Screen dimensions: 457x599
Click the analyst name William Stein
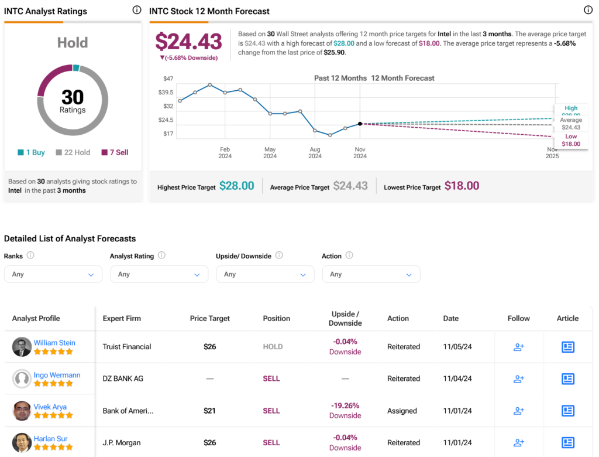(x=54, y=343)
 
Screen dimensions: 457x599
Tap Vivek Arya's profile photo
(x=22, y=411)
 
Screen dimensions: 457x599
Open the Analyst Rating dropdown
(x=159, y=274)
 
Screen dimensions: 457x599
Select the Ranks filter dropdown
(x=53, y=274)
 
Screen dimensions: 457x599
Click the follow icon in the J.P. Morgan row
(x=518, y=443)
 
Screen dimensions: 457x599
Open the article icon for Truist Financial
(x=567, y=347)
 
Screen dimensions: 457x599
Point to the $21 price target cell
(x=210, y=411)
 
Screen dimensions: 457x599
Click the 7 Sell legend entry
(x=115, y=152)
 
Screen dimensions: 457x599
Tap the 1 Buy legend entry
(x=32, y=152)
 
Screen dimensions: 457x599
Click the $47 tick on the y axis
(x=168, y=79)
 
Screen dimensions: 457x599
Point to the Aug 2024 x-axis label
(x=315, y=152)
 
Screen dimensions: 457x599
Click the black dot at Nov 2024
(x=360, y=124)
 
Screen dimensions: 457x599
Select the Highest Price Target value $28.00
(x=236, y=186)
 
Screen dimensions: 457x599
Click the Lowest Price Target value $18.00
(x=462, y=186)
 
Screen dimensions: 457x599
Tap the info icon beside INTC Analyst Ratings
(x=136, y=10)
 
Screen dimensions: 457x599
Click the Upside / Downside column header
(x=345, y=319)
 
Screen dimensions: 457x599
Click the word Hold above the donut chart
(x=73, y=43)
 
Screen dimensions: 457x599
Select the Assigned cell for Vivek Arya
(x=402, y=411)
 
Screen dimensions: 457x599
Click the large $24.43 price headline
(x=188, y=42)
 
